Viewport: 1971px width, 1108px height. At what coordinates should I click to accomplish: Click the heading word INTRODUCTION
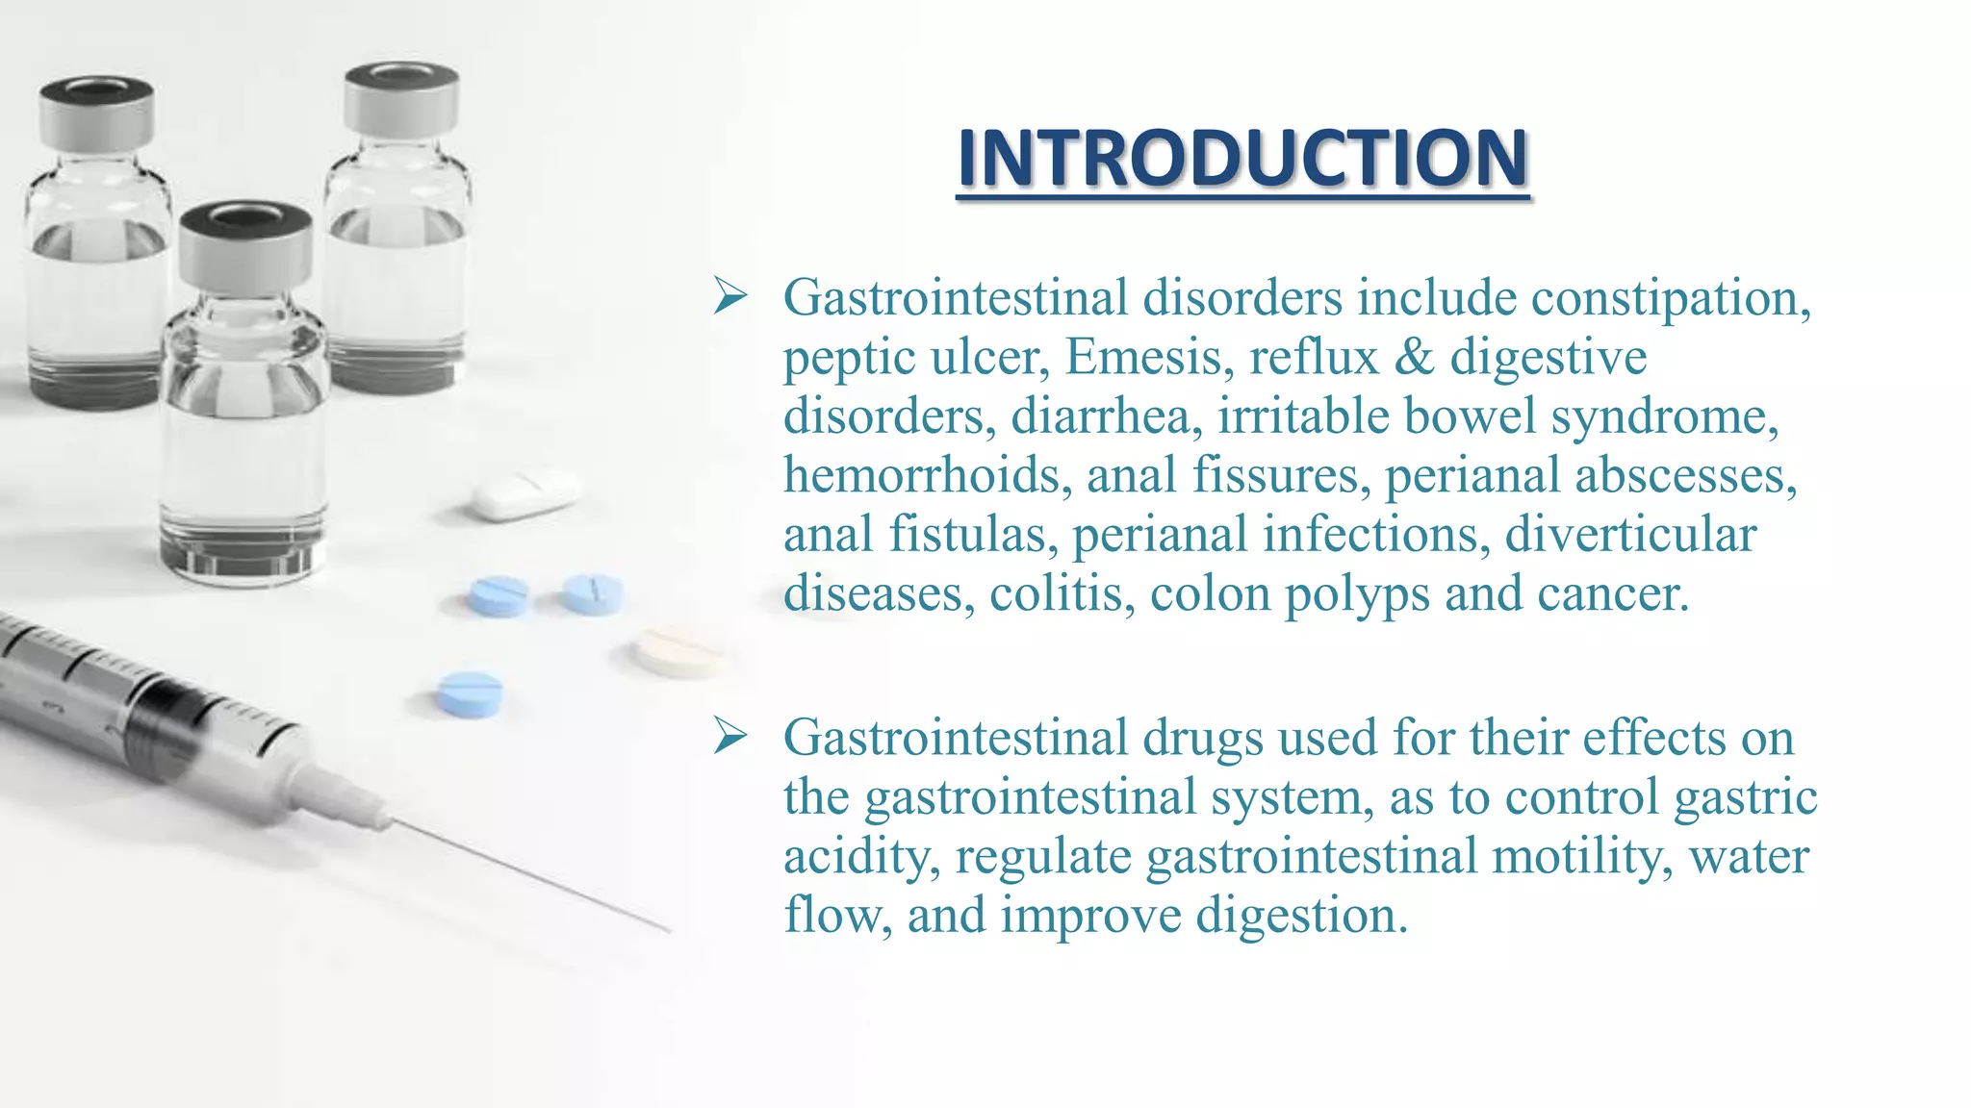(x=1242, y=159)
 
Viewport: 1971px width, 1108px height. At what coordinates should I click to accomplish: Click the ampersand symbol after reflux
(x=1413, y=357)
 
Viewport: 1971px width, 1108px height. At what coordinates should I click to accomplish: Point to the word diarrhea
(x=1106, y=416)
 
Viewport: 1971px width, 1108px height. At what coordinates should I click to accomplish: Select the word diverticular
(x=1630, y=535)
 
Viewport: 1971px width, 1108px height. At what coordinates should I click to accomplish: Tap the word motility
(x=1583, y=856)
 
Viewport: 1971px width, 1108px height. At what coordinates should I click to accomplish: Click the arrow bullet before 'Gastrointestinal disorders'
(x=730, y=296)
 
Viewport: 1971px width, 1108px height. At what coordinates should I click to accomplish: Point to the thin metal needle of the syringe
(x=529, y=876)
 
